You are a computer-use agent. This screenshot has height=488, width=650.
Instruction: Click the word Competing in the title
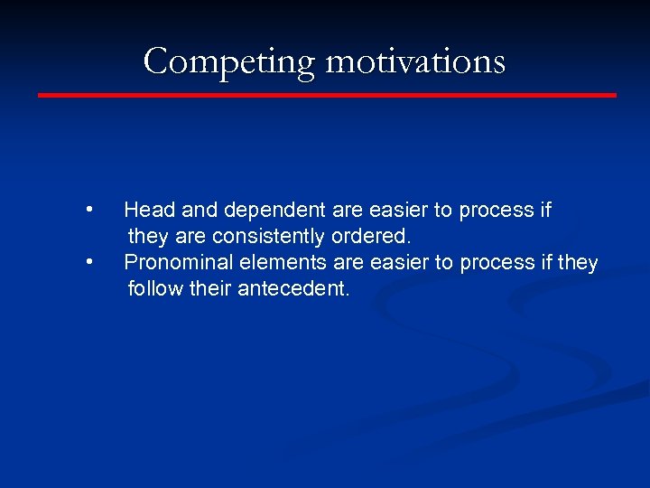pyautogui.click(x=230, y=61)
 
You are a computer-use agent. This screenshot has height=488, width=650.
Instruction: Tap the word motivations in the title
pyautogui.click(x=415, y=61)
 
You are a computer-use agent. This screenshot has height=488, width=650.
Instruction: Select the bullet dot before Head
pyautogui.click(x=88, y=210)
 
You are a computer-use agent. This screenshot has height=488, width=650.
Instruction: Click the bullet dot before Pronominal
pyautogui.click(x=88, y=262)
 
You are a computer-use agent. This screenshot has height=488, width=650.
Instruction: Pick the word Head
pyautogui.click(x=150, y=211)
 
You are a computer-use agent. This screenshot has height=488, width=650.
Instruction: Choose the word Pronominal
pyautogui.click(x=178, y=263)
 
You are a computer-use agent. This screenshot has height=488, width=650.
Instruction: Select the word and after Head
pyautogui.click(x=200, y=211)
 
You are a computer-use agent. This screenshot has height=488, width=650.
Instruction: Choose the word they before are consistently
pyautogui.click(x=147, y=237)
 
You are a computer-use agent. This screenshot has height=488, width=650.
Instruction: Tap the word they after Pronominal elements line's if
pyautogui.click(x=578, y=263)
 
